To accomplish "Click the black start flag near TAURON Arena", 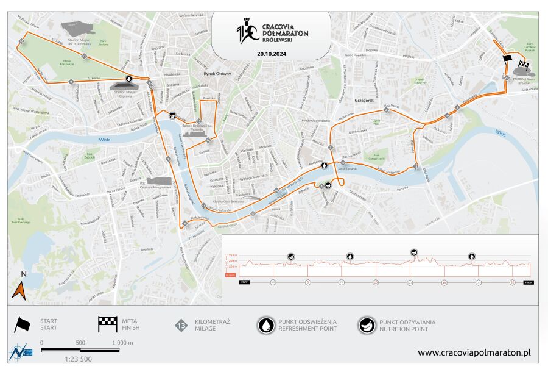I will click(507, 58).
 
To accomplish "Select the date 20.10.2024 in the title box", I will click(271, 54).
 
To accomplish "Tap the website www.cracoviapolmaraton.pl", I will click(474, 352).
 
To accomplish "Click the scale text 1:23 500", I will click(77, 359).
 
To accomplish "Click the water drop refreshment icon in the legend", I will click(266, 325).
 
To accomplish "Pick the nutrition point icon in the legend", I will click(367, 325).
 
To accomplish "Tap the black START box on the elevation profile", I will click(244, 282).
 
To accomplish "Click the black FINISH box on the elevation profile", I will click(528, 282).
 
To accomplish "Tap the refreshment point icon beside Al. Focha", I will click(128, 79).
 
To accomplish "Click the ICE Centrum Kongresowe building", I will click(159, 181).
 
